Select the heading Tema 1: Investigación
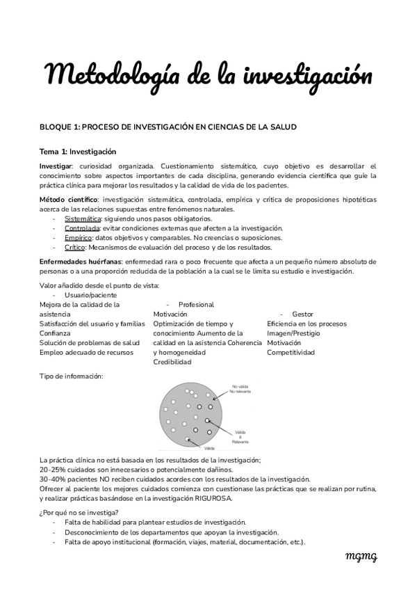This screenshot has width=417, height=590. [x=78, y=151]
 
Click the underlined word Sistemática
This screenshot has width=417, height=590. [x=82, y=219]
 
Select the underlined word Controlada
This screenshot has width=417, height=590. [x=82, y=228]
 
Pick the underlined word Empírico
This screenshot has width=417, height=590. [x=79, y=237]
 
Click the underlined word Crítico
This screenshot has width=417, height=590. [x=74, y=247]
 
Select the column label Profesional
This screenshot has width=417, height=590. [x=196, y=305]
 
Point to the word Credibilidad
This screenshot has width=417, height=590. [x=172, y=362]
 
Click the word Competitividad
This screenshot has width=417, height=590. [x=291, y=353]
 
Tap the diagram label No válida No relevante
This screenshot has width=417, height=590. [x=243, y=390]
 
